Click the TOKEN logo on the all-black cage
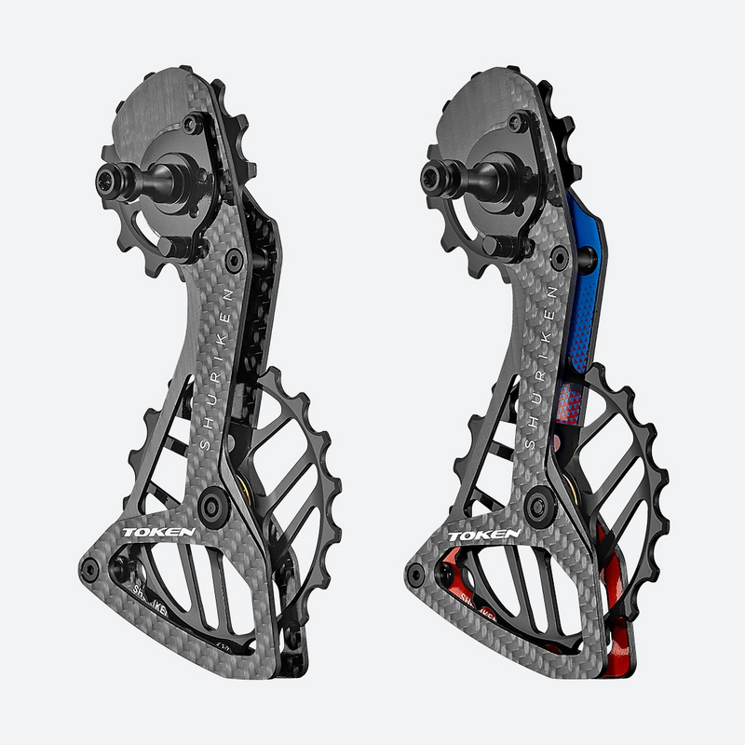tap(159, 534)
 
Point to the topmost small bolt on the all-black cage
tap(192, 122)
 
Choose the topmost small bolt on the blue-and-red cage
tap(517, 122)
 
